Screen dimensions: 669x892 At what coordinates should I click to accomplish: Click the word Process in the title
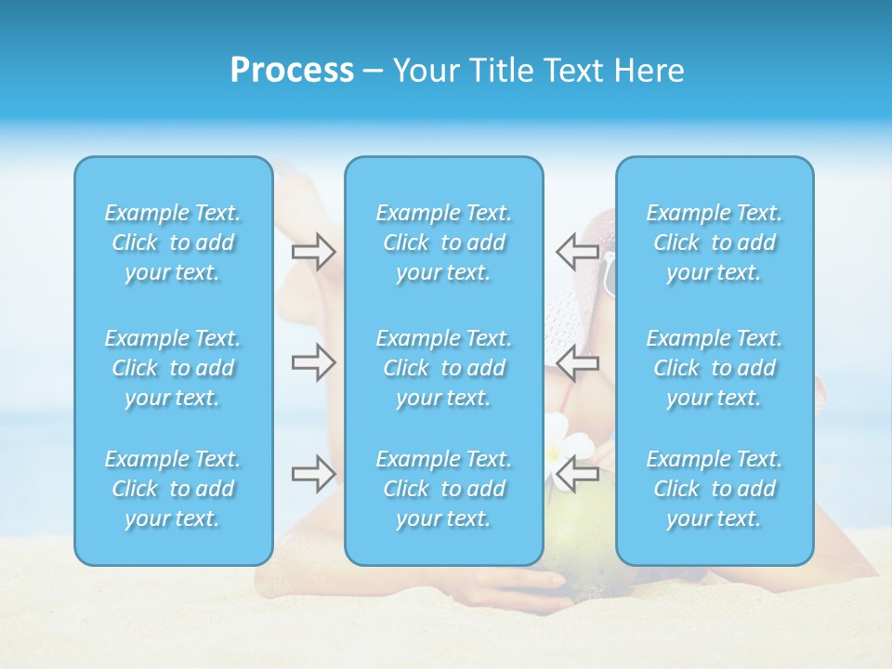point(292,71)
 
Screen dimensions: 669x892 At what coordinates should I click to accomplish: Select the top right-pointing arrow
point(313,251)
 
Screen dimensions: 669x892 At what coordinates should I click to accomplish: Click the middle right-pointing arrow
point(313,361)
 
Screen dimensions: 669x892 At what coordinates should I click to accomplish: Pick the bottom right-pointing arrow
point(313,473)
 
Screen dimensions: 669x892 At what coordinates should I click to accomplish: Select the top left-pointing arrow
point(578,251)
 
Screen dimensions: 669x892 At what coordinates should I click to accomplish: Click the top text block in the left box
point(173,243)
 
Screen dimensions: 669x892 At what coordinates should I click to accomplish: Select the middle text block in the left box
point(173,368)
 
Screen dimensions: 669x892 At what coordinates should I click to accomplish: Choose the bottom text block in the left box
point(173,489)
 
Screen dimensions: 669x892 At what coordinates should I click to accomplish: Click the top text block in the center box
point(444,243)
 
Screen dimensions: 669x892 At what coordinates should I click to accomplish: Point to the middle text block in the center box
point(444,368)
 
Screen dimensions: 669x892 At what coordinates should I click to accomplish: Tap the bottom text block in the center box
point(444,489)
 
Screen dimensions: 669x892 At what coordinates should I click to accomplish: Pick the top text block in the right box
point(715,243)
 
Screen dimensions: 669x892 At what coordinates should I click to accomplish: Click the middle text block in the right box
point(715,368)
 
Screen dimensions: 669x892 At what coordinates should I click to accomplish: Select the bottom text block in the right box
point(715,489)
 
